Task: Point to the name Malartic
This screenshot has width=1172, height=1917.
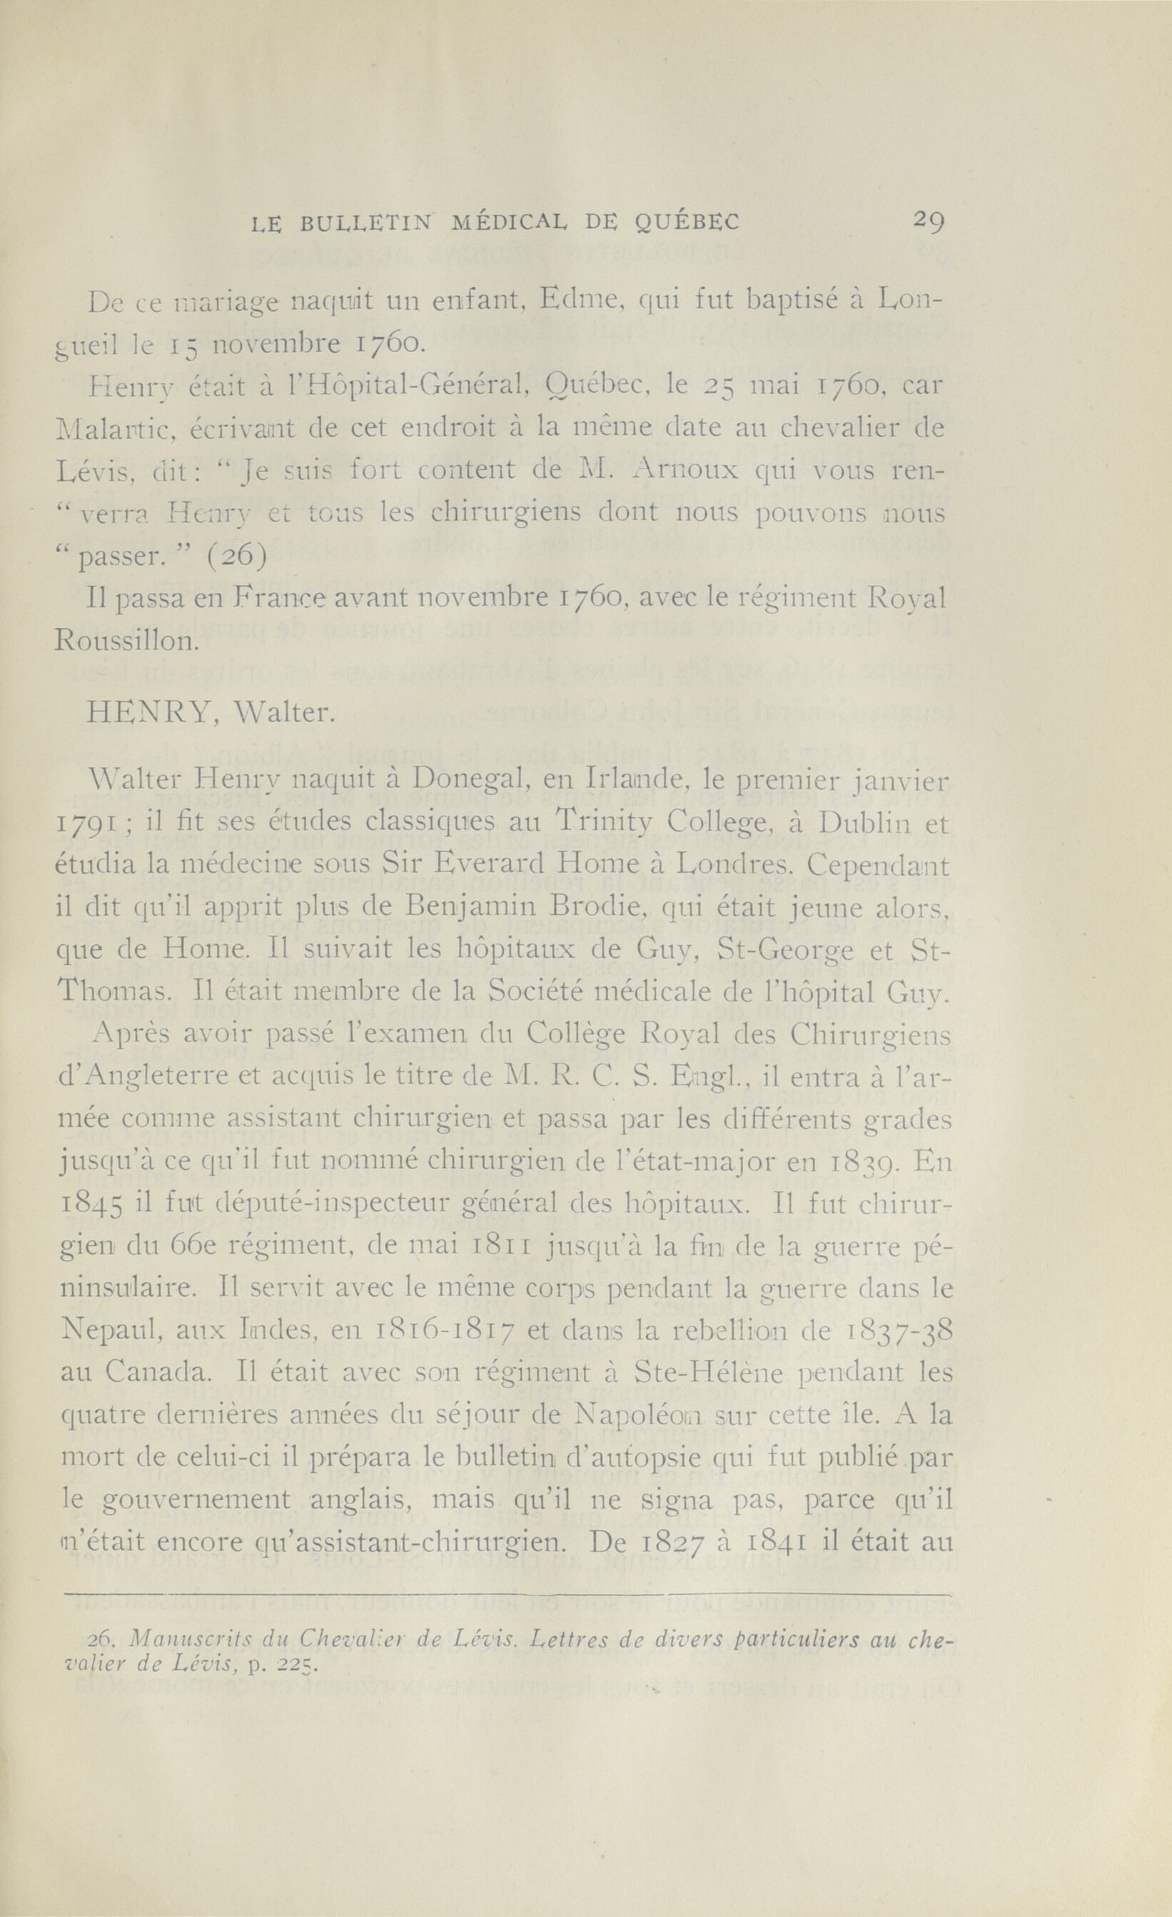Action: (118, 427)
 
